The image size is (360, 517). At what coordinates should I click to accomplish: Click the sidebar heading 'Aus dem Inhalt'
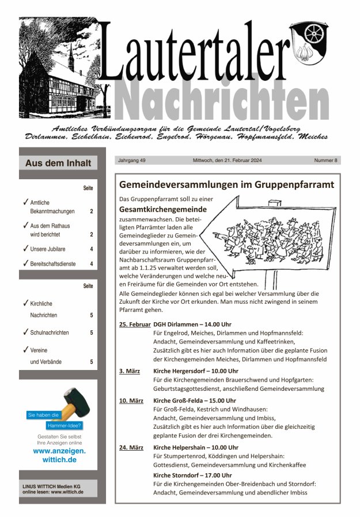pyautogui.click(x=58, y=163)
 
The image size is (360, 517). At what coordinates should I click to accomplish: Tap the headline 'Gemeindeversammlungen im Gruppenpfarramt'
pyautogui.click(x=226, y=185)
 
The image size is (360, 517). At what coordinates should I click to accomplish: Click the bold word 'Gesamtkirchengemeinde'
pyautogui.click(x=162, y=209)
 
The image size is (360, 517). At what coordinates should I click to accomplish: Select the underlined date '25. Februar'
pyautogui.click(x=135, y=324)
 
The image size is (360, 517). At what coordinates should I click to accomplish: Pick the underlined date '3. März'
pyautogui.click(x=130, y=371)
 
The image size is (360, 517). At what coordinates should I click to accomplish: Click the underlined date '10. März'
pyautogui.click(x=131, y=400)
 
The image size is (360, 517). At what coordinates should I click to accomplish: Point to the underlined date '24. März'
pyautogui.click(x=131, y=447)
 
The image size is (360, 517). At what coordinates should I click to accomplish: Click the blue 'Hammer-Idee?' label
pyautogui.click(x=64, y=426)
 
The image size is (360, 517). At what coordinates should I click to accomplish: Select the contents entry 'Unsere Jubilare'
pyautogui.click(x=47, y=249)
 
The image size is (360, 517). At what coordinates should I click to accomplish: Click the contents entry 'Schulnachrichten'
pyautogui.click(x=50, y=333)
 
